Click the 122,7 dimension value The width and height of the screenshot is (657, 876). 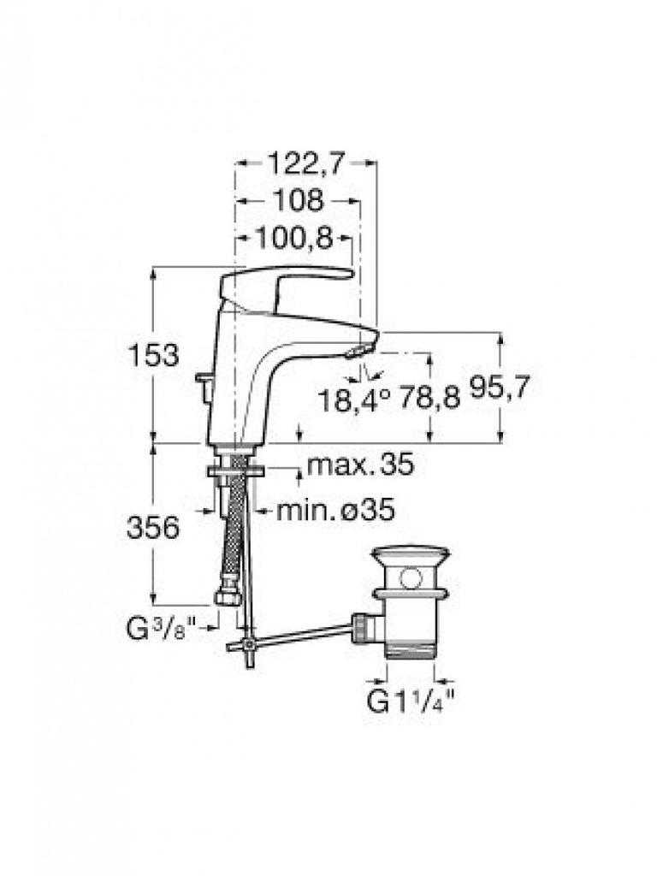[305, 163]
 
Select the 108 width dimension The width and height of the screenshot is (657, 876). [299, 200]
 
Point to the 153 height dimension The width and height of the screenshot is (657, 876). [154, 355]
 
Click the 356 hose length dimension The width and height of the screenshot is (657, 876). [153, 527]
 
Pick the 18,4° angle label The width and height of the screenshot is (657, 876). [353, 400]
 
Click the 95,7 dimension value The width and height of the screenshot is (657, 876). [499, 388]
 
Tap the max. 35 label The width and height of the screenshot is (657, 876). [361, 465]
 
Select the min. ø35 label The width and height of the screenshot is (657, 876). [336, 509]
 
